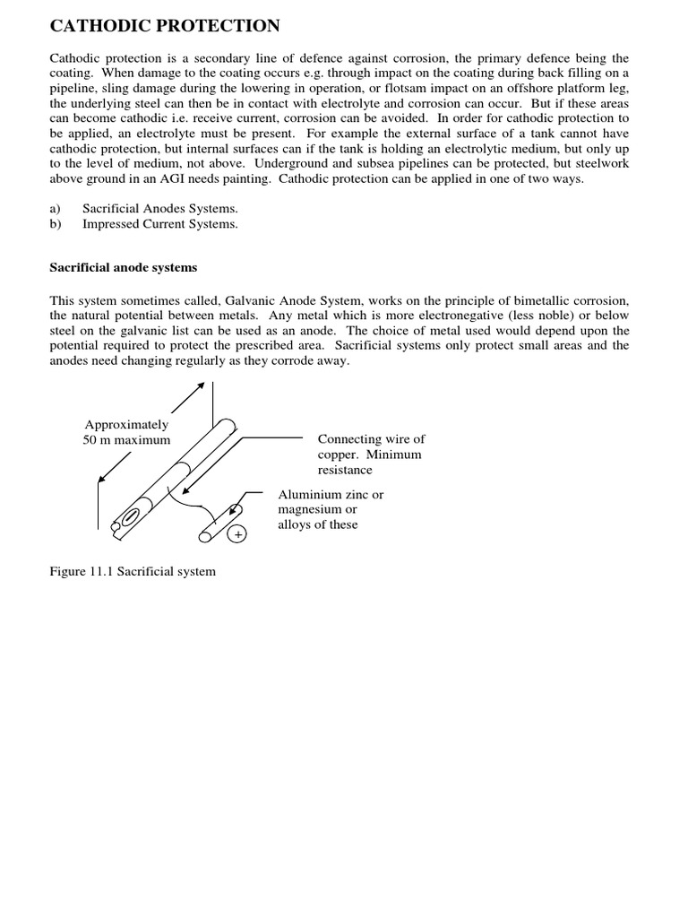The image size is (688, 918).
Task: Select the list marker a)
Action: click(x=56, y=208)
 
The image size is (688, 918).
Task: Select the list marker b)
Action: click(x=56, y=224)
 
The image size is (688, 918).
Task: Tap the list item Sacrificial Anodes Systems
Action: click(x=159, y=208)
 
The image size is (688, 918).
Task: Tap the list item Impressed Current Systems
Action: click(x=159, y=224)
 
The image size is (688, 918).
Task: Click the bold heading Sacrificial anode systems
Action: click(x=123, y=267)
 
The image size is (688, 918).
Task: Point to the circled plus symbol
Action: click(x=238, y=534)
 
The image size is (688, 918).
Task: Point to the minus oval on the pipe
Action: click(x=130, y=517)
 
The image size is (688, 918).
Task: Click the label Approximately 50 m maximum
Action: click(x=126, y=432)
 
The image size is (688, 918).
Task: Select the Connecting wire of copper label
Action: click(x=371, y=454)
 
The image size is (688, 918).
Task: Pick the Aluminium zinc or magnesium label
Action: click(x=331, y=509)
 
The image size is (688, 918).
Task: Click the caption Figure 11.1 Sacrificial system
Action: click(x=133, y=571)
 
